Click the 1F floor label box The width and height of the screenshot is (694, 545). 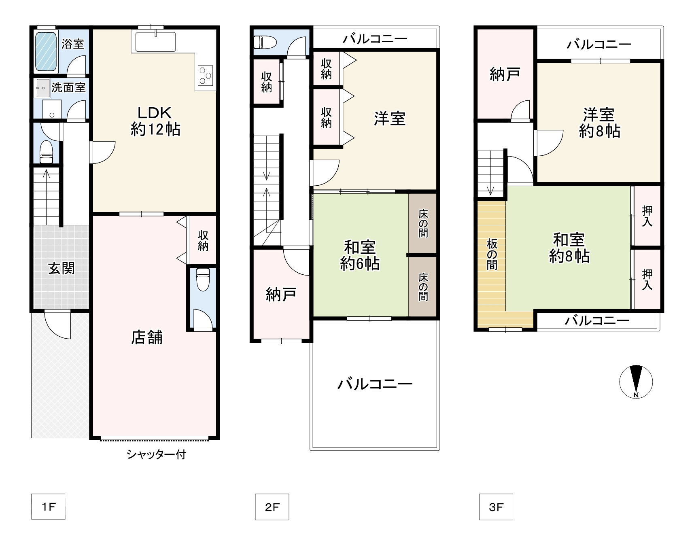(48, 507)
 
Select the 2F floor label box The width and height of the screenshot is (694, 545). (272, 507)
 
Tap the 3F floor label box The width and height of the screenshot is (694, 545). (496, 507)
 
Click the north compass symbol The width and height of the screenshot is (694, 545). (636, 382)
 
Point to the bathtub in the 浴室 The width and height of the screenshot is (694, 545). (46, 51)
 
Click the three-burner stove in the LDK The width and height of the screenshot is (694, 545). (205, 74)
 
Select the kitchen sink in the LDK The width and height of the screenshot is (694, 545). (155, 41)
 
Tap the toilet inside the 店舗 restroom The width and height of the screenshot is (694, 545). (203, 279)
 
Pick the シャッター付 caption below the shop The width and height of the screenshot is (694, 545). (156, 454)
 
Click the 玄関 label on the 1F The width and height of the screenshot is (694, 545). (62, 268)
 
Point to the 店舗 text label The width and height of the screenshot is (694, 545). (146, 337)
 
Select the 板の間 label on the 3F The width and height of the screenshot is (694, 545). (492, 254)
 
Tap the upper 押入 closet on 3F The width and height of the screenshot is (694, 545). (647, 216)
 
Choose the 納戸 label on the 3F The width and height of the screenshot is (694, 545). (505, 74)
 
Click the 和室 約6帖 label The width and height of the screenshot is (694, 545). (360, 255)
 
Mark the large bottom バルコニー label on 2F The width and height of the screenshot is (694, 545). (375, 384)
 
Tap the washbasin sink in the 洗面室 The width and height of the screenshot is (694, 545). (42, 88)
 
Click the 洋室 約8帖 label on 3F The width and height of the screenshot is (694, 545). (599, 123)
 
